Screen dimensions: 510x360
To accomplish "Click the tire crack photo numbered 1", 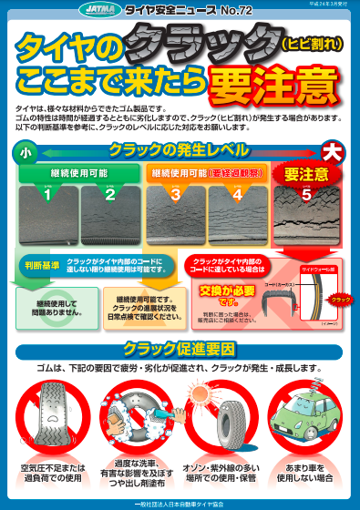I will click(48, 206).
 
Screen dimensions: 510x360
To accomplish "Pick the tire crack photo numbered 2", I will click(110, 206).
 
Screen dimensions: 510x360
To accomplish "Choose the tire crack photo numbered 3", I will click(176, 206).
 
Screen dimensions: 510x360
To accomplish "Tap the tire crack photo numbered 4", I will click(237, 206).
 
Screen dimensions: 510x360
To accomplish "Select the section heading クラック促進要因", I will click(179, 351).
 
